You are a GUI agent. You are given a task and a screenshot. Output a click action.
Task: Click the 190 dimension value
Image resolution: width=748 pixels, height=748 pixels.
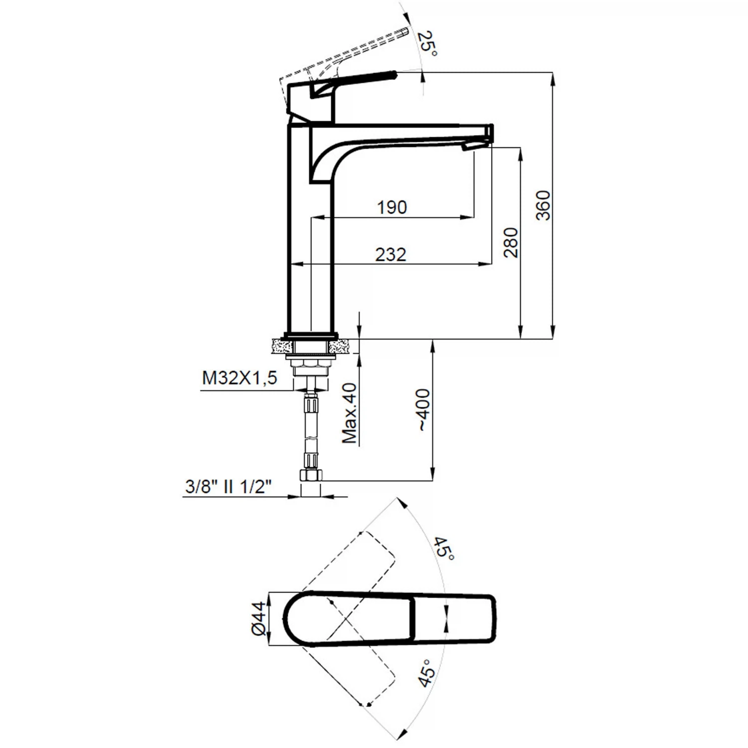click(x=392, y=207)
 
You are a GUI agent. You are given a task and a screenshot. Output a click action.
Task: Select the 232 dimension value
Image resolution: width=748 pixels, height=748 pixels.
click(x=391, y=254)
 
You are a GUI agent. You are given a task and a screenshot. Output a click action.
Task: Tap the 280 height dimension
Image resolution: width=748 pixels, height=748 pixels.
click(x=511, y=242)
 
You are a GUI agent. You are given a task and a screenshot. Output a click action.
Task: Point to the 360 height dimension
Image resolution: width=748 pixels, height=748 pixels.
click(x=543, y=205)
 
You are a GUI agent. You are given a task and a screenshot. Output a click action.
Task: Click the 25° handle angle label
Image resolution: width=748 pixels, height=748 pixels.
click(x=428, y=44)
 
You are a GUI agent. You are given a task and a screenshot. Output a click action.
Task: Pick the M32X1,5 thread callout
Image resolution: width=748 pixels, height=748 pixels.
click(x=239, y=378)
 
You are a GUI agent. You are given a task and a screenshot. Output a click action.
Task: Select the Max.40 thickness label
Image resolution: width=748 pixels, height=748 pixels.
click(x=350, y=413)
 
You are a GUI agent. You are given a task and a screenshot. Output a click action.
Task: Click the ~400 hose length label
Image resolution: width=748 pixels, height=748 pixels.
click(x=423, y=410)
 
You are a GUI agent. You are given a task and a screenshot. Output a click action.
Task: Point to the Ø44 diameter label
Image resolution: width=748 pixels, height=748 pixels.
click(x=258, y=618)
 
